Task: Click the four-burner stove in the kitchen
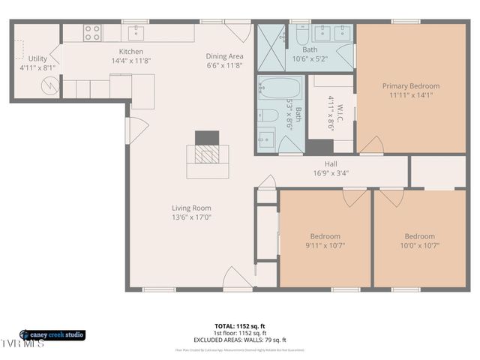(91, 33)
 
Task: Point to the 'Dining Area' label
(224, 55)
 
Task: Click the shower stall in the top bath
(271, 47)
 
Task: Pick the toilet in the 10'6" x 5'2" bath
(300, 35)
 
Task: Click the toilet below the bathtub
(268, 116)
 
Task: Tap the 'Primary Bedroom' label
(410, 86)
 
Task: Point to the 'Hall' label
(330, 163)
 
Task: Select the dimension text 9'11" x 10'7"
(325, 245)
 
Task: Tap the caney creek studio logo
(52, 334)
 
